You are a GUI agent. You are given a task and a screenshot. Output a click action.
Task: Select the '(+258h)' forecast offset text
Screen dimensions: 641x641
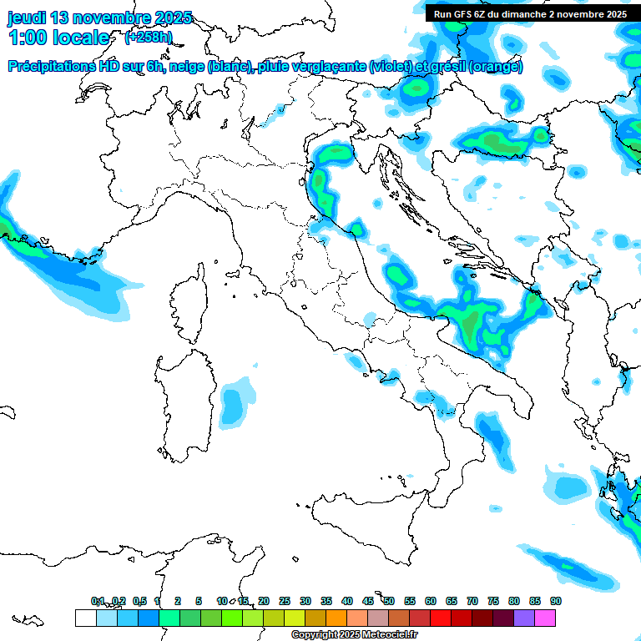[x=149, y=38]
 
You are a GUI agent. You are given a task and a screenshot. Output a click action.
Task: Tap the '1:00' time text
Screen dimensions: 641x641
[x=27, y=38]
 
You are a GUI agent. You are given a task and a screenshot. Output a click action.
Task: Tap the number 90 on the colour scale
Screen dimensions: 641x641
[x=556, y=601]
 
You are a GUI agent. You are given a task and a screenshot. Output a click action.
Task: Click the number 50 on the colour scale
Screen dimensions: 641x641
[x=389, y=601]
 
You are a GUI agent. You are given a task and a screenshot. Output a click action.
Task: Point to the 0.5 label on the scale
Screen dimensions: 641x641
[x=139, y=601]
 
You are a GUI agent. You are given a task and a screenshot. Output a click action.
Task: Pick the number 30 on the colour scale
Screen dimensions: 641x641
[x=305, y=601]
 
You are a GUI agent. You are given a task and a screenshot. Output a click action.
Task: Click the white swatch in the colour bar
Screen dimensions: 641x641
[x=85, y=618]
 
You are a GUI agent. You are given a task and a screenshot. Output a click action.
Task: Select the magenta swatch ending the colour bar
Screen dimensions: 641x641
[x=545, y=618]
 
